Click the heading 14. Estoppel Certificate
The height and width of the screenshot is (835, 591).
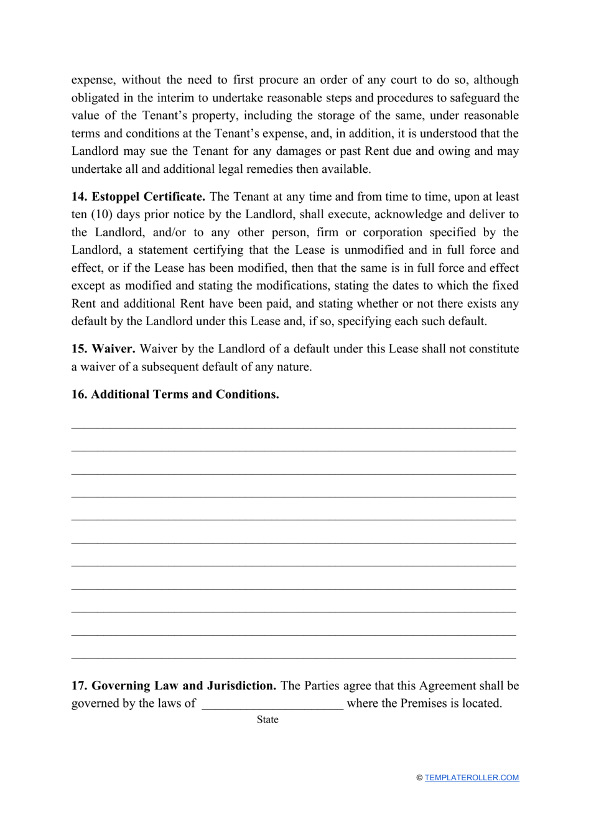[138, 197]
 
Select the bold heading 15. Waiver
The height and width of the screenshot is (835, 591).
[103, 349]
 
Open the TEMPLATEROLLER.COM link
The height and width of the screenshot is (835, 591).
[472, 778]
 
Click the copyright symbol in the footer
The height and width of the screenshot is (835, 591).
[419, 778]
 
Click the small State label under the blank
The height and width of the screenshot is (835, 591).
[268, 720]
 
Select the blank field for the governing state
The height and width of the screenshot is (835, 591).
[272, 704]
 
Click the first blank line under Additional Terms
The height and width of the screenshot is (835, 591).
[294, 427]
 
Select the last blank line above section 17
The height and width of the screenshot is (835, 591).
[294, 657]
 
